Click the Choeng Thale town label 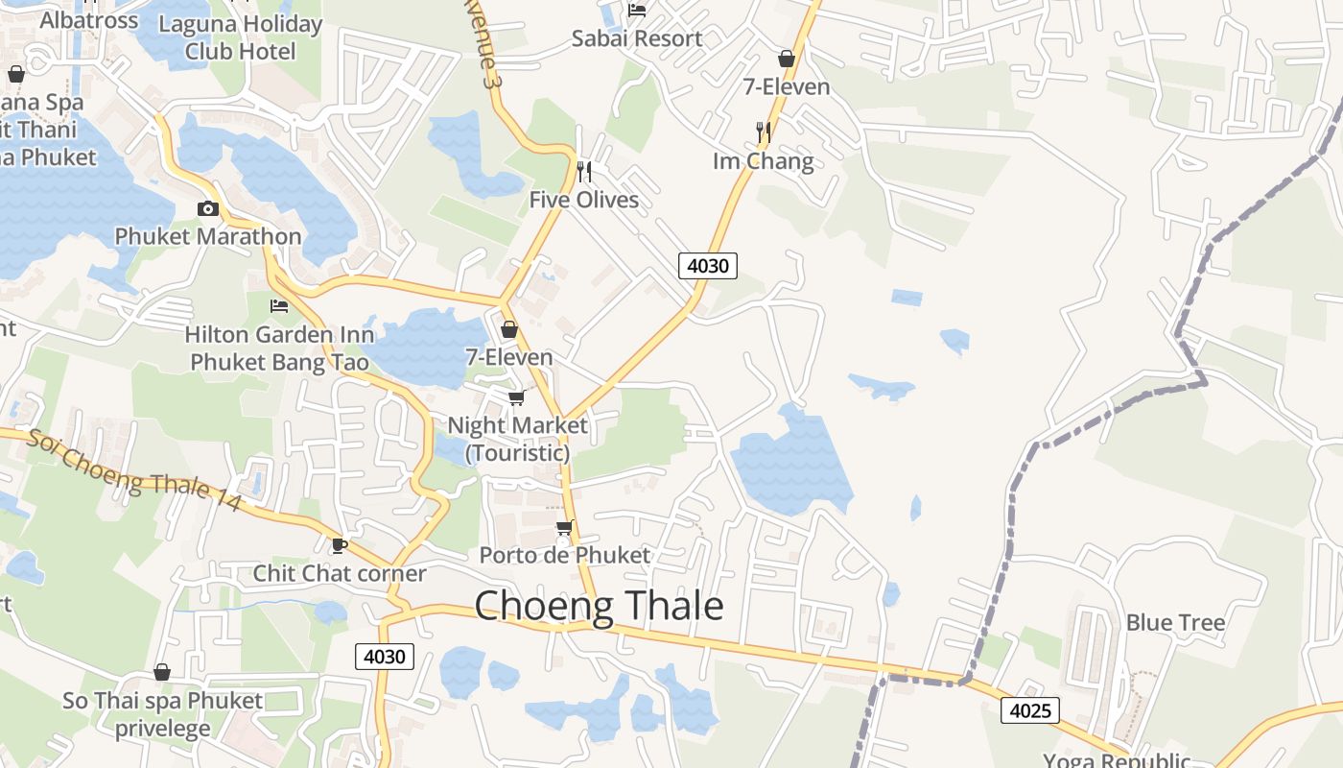tap(599, 606)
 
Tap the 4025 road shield tap(1030, 710)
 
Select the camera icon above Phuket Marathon tap(208, 208)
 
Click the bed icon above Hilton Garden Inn tap(279, 306)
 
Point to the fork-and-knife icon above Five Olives tap(583, 172)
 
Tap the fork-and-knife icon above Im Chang tap(763, 131)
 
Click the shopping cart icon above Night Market tap(517, 397)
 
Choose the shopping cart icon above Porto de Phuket tap(564, 527)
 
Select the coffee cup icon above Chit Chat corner tap(339, 545)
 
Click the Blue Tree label tap(1175, 623)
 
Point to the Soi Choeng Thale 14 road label tap(132, 469)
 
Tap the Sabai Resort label tap(637, 38)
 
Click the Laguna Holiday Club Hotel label tap(240, 37)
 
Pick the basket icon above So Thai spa tap(162, 672)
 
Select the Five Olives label tap(583, 200)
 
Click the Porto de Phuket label tap(564, 555)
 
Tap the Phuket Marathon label tap(208, 236)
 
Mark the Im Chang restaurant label tap(763, 160)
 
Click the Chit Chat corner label tap(339, 573)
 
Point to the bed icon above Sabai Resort tap(637, 11)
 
